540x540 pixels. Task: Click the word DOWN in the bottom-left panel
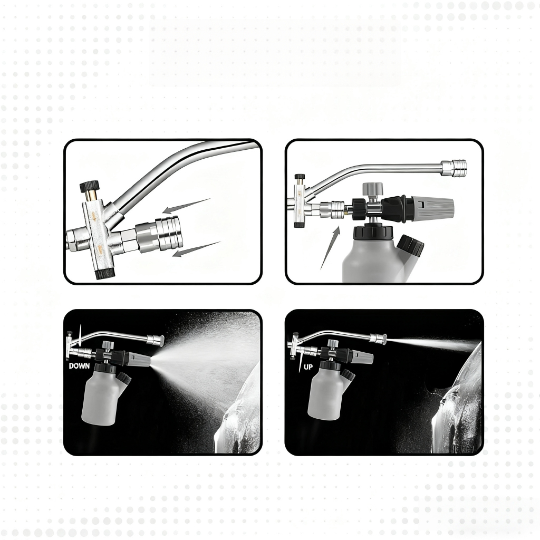coord(79,366)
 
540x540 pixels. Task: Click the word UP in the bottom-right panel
coord(308,367)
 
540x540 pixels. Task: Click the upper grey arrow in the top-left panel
coord(186,205)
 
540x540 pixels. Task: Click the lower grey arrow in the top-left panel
coord(196,249)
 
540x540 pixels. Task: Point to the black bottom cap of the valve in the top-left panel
coord(104,274)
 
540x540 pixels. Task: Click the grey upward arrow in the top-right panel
coord(330,247)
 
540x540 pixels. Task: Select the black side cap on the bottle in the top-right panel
coord(410,246)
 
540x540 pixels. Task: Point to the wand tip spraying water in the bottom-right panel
coord(378,339)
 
